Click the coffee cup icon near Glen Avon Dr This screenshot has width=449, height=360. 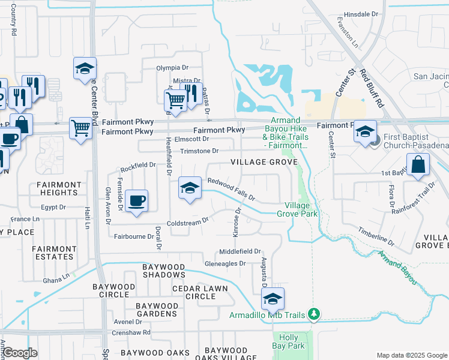click(x=137, y=201)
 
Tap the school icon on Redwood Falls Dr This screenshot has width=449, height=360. click(x=190, y=189)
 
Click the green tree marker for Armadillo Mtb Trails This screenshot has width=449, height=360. click(x=313, y=314)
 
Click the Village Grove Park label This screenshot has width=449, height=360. click(x=297, y=209)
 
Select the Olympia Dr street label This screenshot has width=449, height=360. click(x=172, y=68)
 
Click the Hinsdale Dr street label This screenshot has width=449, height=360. click(x=361, y=13)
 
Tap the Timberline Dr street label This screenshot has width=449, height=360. click(x=376, y=236)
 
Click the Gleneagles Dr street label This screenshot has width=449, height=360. click(x=226, y=263)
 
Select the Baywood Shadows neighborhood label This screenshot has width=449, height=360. click(x=164, y=270)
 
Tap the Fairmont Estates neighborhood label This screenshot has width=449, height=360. click(x=53, y=253)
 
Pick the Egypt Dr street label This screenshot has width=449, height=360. click(x=53, y=207)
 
